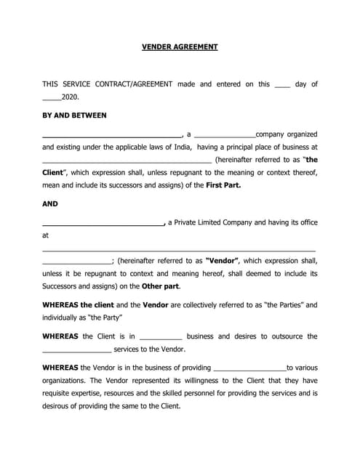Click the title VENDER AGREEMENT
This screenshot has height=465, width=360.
tap(180, 46)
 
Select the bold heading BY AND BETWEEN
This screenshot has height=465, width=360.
tap(74, 116)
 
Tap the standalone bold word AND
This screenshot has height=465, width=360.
tap(50, 204)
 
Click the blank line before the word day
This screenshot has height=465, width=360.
tap(282, 86)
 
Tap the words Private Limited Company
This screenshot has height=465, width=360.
tap(214, 222)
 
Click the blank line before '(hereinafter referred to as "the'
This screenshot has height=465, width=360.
tap(127, 161)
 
